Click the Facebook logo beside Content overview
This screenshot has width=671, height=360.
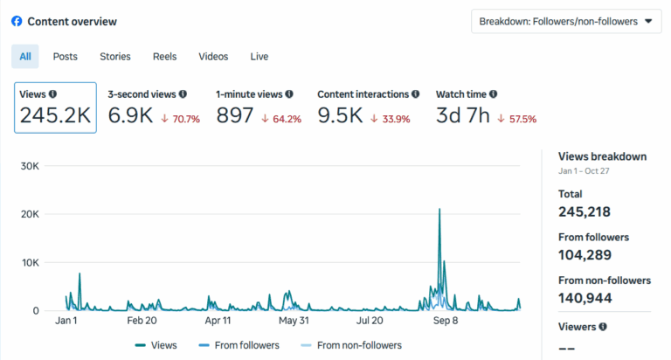(x=17, y=21)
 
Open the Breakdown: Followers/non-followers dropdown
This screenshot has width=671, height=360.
(x=566, y=22)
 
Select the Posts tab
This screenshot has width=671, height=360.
(x=65, y=57)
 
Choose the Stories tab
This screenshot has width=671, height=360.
(x=115, y=57)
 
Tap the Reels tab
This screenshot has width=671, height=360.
(x=165, y=57)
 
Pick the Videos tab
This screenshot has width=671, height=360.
(x=213, y=57)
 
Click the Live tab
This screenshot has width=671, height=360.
(x=259, y=57)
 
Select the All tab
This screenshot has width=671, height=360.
(x=25, y=57)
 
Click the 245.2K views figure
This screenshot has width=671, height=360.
(x=53, y=115)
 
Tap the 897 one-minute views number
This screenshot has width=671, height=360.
(x=235, y=115)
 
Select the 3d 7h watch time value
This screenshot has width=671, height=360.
(x=462, y=115)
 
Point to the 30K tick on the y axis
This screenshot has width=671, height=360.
(x=28, y=166)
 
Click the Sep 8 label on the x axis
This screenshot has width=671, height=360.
(x=446, y=321)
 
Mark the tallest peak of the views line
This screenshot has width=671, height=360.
(x=439, y=210)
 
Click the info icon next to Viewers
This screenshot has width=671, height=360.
(x=603, y=327)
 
